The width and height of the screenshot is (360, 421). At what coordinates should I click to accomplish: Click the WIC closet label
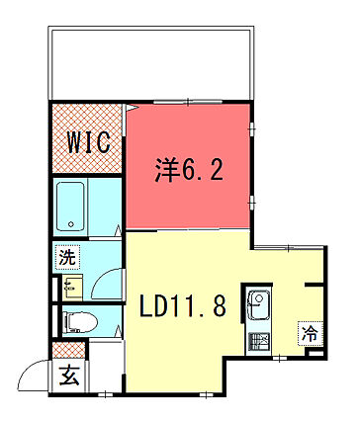pyautogui.click(x=88, y=142)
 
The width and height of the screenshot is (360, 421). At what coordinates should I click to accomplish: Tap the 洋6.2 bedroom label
pyautogui.click(x=189, y=170)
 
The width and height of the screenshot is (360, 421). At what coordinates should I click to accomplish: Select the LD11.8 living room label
pyautogui.click(x=183, y=305)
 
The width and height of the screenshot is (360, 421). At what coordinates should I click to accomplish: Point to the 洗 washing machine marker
pyautogui.click(x=67, y=257)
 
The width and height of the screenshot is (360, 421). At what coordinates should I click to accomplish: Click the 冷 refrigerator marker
pyautogui.click(x=310, y=334)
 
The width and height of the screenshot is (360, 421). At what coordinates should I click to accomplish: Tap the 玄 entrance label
pyautogui.click(x=70, y=376)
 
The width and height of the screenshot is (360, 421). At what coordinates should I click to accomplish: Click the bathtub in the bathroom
pyautogui.click(x=70, y=207)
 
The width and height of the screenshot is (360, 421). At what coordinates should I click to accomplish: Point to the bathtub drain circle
pyautogui.click(x=71, y=224)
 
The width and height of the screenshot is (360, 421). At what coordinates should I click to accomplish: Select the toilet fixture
pyautogui.click(x=80, y=321)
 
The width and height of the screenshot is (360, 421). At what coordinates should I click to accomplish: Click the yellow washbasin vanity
pyautogui.click(x=72, y=287)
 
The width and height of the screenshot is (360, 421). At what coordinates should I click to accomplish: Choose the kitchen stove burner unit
pyautogui.click(x=259, y=343)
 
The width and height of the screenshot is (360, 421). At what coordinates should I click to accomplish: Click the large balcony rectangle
pyautogui.click(x=151, y=63)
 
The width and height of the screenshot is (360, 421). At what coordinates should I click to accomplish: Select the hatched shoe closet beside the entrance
pyautogui.click(x=68, y=350)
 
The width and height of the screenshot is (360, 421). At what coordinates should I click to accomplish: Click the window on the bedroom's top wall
pyautogui.click(x=188, y=102)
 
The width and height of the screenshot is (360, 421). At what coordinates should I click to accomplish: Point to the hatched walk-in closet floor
pyautogui.click(x=87, y=138)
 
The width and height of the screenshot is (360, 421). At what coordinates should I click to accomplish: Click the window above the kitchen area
pyautogui.click(x=289, y=247)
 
